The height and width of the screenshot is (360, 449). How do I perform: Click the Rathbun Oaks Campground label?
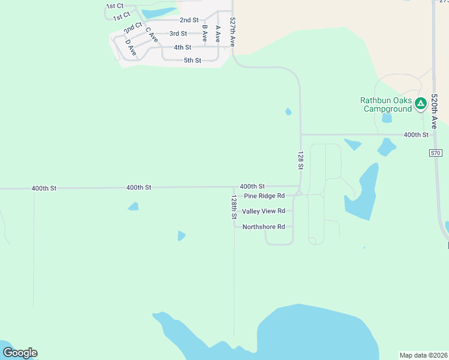click(386, 104)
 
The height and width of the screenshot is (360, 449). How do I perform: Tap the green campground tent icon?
click(420, 103)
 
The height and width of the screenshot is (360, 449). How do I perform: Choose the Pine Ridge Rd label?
click(264, 196)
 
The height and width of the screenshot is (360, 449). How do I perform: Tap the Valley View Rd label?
click(263, 211)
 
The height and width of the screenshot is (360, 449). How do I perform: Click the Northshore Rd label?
click(262, 227)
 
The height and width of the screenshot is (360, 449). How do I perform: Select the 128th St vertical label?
click(234, 206)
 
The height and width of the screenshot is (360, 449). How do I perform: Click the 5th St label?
click(192, 61)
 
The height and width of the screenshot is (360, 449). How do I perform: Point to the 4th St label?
click(182, 47)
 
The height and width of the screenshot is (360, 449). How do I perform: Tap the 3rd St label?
click(178, 34)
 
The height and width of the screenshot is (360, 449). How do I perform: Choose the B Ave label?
click(205, 32)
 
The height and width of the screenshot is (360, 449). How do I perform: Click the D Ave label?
click(131, 48)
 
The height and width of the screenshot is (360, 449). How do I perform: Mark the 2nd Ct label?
click(133, 27)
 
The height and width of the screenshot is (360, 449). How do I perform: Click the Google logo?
click(20, 353)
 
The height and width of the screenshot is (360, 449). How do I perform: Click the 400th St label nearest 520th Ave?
click(416, 135)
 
